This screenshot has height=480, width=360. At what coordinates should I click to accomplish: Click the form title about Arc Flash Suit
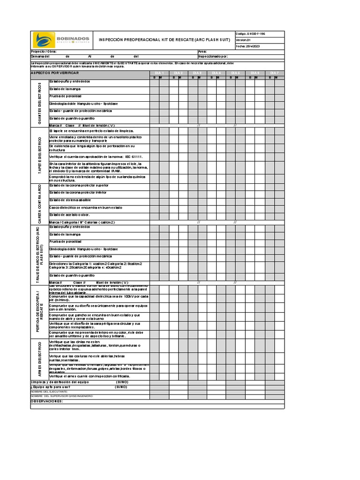pos(164,40)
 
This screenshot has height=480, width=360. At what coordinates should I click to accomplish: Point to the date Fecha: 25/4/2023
pos(247,46)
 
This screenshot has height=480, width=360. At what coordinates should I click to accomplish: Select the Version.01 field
pos(244,40)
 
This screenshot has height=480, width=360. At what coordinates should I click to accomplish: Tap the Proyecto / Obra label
pos(44,52)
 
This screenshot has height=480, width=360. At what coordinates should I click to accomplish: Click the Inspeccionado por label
pos(213,56)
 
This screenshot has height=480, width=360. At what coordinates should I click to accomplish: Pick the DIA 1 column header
pos(159,73)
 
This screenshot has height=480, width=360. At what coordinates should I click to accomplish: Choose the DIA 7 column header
pos(274,73)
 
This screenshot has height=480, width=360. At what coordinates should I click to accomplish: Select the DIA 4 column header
pos(217,73)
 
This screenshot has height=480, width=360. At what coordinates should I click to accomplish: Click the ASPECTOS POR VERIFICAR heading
pos(55,73)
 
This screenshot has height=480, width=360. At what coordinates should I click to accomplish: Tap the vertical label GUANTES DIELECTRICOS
pos(40,103)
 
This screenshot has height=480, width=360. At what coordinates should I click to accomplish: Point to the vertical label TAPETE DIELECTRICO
pos(40,155)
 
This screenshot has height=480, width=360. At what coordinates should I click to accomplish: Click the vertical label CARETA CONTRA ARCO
pos(40,203)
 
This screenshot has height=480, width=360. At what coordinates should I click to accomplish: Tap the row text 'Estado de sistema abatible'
pos(70,200)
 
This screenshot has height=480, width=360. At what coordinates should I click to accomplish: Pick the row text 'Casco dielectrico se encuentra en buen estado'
pos(85,207)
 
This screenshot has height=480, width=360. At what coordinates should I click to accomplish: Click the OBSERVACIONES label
pos(46,401)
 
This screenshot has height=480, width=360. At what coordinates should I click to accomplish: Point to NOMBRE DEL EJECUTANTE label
pos(49,391)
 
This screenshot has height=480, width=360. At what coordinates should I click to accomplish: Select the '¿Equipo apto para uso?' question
pos(50,387)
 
